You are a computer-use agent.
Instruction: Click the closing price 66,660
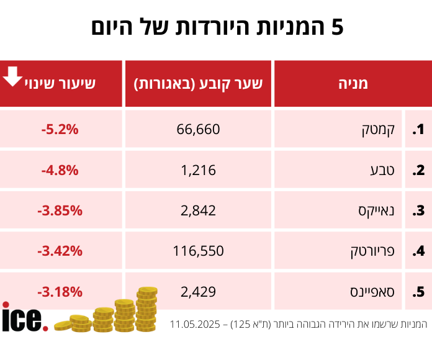tap(199, 129)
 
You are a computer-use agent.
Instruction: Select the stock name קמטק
tap(375, 130)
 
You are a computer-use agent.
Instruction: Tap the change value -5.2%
tap(60, 129)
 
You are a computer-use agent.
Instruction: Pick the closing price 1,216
tap(199, 169)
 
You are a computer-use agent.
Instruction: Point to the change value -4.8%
tap(60, 169)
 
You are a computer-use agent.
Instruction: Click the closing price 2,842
tap(199, 210)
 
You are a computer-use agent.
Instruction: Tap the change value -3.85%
tap(60, 210)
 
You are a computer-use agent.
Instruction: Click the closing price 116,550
tap(199, 251)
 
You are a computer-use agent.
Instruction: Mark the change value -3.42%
tap(60, 251)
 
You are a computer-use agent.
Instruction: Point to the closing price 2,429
tap(199, 291)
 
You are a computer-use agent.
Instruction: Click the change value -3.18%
tap(60, 291)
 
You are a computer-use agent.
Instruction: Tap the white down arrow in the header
tap(12, 78)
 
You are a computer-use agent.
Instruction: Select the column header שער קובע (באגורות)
tap(199, 83)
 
